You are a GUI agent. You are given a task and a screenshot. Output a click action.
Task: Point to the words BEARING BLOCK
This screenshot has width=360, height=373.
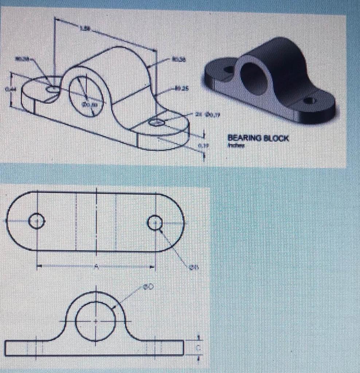(x=258, y=138)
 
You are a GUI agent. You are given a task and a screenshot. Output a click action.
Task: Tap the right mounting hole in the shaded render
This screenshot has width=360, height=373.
(x=310, y=101)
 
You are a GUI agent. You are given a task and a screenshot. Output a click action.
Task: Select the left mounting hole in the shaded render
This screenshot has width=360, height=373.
(x=229, y=69)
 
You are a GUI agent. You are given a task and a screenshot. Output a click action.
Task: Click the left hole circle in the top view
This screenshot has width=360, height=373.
(x=36, y=221)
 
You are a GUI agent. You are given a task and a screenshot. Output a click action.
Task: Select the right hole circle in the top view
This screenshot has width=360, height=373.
(x=155, y=222)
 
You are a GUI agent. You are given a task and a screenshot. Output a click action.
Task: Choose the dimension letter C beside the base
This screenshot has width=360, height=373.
(x=199, y=348)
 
